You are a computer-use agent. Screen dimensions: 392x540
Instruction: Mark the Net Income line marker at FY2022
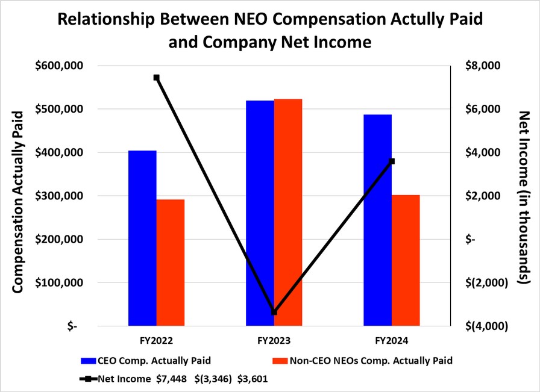click(157, 78)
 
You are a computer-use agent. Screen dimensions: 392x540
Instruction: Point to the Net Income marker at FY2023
click(274, 312)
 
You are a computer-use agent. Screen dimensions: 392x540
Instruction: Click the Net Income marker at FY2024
click(392, 161)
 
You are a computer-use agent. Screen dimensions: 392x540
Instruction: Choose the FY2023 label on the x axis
click(274, 341)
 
